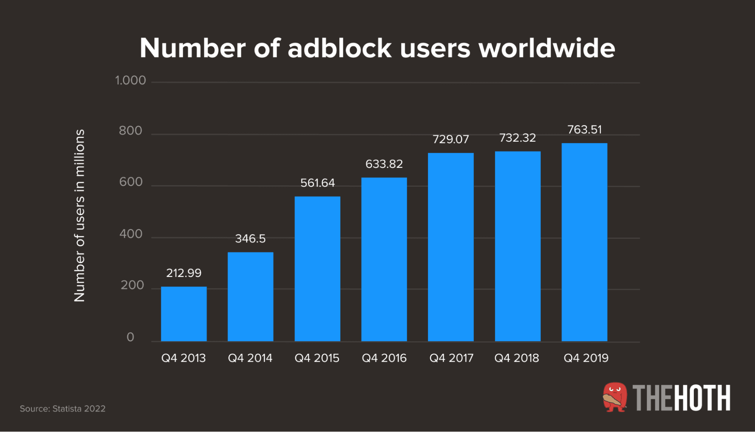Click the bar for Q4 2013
point(184,314)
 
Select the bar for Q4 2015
point(317,269)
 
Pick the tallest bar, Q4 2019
point(584,242)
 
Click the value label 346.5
point(250,238)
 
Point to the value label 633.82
point(384,164)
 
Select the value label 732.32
point(517,138)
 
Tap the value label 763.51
point(584,130)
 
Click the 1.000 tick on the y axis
point(130,81)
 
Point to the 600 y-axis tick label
point(131,182)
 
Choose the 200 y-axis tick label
point(132,285)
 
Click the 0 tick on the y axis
point(130,337)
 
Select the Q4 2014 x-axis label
point(250,358)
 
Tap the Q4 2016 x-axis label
point(384,358)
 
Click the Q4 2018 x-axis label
point(517,358)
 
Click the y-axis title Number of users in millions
point(79,215)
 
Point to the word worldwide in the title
point(547,48)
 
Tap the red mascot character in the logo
point(614,397)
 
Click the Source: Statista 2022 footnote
point(63,409)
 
